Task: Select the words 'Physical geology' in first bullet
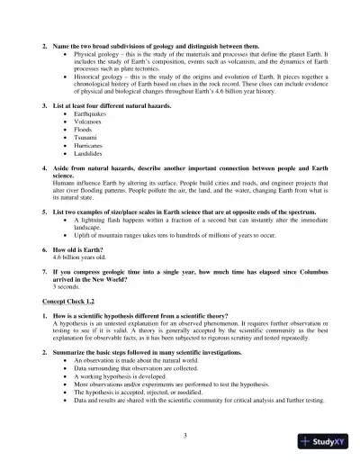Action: [104, 55]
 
